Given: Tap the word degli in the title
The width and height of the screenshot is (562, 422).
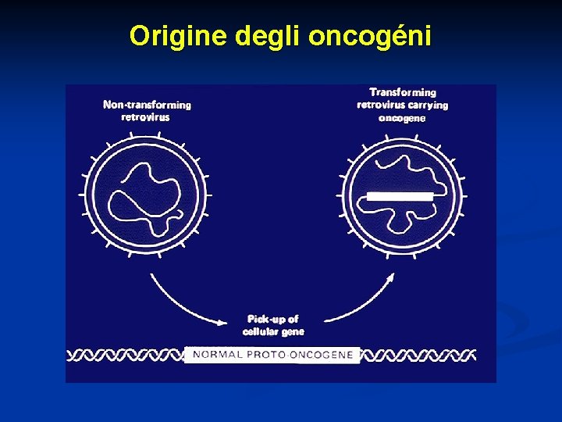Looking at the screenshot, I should [x=265, y=36].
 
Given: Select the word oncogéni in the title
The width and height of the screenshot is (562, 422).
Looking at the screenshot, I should [x=370, y=36].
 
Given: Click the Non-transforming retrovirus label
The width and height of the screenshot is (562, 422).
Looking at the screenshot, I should [x=147, y=111].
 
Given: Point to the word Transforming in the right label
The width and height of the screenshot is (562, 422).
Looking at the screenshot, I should [x=402, y=92].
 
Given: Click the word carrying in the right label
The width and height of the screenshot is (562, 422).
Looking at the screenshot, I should [x=428, y=105].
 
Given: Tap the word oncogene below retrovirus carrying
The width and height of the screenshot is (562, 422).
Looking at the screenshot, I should [x=402, y=119].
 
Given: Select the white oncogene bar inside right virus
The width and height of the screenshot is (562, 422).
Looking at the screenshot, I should [x=400, y=196].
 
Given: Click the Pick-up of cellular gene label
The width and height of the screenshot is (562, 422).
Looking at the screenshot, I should [x=273, y=325].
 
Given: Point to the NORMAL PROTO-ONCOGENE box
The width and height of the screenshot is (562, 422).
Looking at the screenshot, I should [x=272, y=355].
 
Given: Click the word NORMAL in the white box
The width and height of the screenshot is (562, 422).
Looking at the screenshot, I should [x=218, y=355].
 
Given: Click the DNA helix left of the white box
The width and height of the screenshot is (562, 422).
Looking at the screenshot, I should [x=125, y=356].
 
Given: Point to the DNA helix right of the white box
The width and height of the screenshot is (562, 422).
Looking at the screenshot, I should [x=418, y=356].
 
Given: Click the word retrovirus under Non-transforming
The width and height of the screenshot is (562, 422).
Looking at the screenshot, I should [x=146, y=117].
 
